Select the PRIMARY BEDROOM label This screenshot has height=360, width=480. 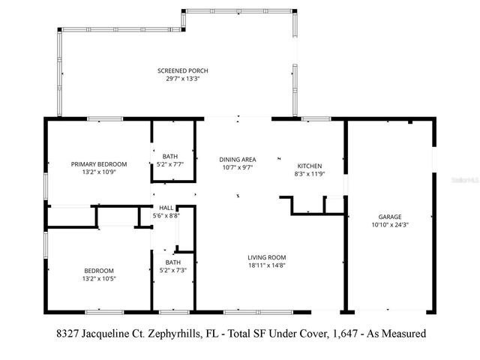[x=98, y=164]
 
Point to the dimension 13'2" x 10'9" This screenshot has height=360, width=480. [x=98, y=172]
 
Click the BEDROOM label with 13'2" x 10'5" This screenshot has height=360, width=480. [x=98, y=271]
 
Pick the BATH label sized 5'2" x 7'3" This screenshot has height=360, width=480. [x=173, y=262]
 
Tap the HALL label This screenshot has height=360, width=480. [x=166, y=208]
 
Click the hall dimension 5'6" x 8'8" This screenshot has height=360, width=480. [x=166, y=216]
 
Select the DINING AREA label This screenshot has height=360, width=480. [x=237, y=159]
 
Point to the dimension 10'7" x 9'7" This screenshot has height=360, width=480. [x=237, y=167]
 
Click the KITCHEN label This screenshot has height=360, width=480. [x=310, y=166]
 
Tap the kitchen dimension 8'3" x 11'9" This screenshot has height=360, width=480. [x=310, y=173]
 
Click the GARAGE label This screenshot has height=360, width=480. [x=390, y=216]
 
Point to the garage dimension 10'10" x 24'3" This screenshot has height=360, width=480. [x=390, y=223]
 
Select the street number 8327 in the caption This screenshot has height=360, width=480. [x=67, y=333]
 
